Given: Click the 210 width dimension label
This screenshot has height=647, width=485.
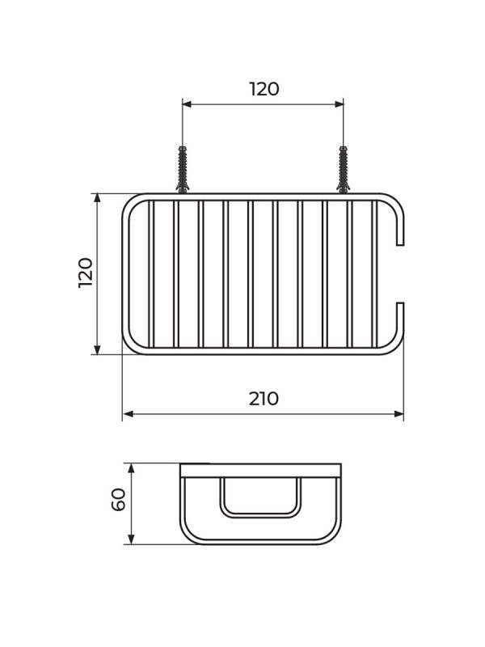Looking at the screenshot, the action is point(264,399).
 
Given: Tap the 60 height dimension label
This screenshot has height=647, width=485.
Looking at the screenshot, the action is point(119,499).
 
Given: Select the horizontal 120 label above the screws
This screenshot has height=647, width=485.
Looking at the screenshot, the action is point(264,89).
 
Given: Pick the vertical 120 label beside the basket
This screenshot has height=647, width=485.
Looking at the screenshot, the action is point(86,273).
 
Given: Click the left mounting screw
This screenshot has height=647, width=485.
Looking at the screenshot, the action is point(183,169).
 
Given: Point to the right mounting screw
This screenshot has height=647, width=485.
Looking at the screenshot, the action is point(343,169).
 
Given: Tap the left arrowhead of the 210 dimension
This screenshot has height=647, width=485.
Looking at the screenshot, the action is point(129,414).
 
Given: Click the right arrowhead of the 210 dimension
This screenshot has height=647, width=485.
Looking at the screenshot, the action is point(399,414).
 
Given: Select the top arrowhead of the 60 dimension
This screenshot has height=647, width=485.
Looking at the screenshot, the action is point(131,468).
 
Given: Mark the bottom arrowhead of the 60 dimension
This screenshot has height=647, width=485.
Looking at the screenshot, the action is point(131,539).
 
